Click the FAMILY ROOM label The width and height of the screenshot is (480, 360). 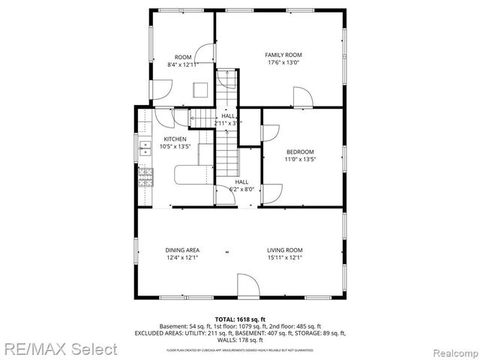point(283,55)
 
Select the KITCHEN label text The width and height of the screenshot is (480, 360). point(175,139)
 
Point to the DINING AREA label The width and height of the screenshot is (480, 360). point(181,250)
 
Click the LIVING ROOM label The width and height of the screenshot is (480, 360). point(284,250)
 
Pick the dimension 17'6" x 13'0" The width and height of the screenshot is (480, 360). point(283,63)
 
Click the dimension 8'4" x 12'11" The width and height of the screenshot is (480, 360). point(183,65)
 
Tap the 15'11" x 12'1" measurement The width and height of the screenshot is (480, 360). point(284,258)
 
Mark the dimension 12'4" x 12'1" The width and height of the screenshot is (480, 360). point(181,258)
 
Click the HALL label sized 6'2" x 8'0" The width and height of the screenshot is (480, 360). point(241,182)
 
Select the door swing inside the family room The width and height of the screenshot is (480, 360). point(302,97)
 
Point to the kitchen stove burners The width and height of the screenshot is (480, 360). point(145,177)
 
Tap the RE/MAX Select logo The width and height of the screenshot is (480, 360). point(59,349)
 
